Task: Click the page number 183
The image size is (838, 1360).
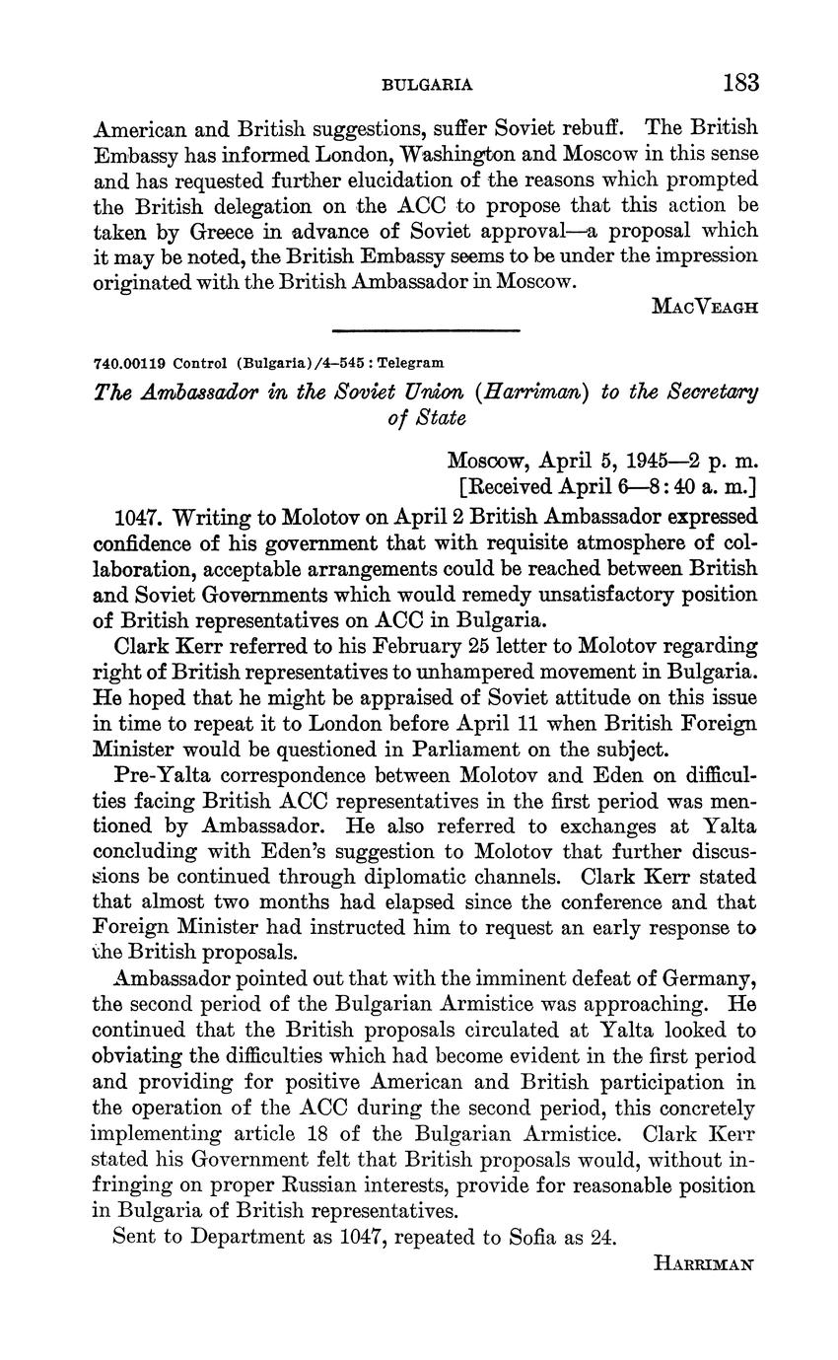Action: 740,82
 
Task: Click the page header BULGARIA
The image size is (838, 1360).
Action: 427,85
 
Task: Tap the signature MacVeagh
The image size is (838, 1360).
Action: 705,306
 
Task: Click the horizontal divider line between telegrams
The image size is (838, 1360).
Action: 426,330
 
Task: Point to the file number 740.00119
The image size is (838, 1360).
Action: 129,362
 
